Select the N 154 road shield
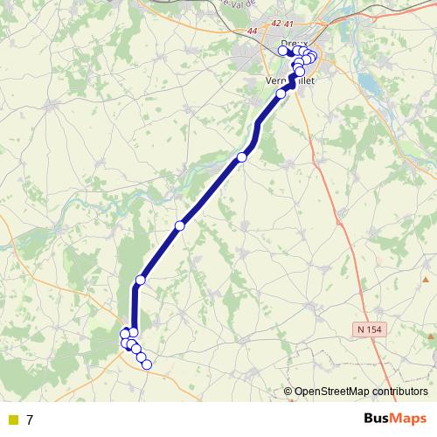coord(371,328)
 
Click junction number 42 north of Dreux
coord(277,24)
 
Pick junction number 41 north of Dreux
coord(289,24)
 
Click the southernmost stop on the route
coord(147,364)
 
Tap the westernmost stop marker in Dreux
coord(282,51)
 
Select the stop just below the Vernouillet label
coord(281,94)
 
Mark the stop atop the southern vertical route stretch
coord(140,280)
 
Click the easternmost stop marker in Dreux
coord(312,58)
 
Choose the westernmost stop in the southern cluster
coord(125,334)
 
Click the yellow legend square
coord(12,420)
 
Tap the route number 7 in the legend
coord(30,420)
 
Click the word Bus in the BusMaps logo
coord(377,420)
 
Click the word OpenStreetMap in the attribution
coord(329,392)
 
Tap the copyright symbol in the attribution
coord(288,392)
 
